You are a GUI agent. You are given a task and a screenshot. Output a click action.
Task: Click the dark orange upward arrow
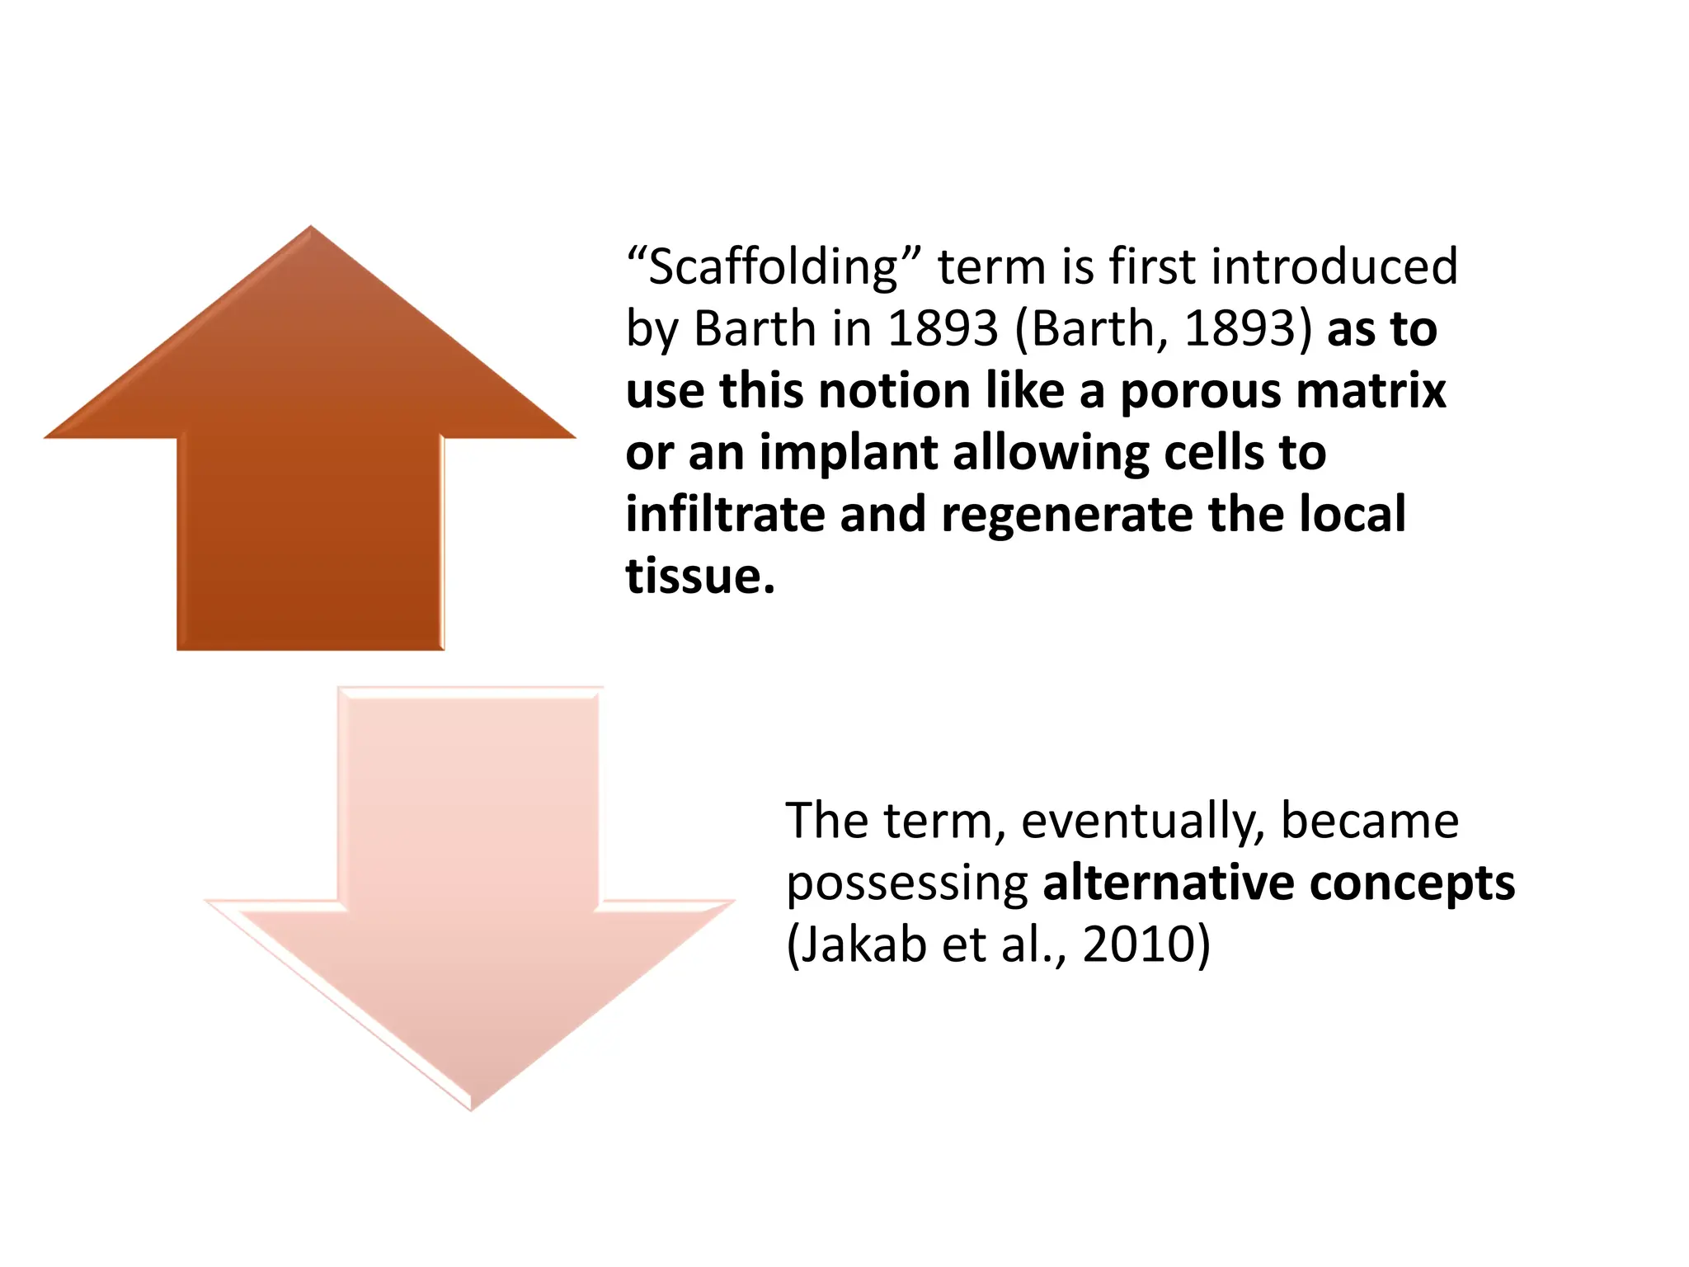(310, 462)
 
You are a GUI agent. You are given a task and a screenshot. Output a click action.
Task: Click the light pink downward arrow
(468, 907)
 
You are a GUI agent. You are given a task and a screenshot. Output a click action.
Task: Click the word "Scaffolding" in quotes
(773, 267)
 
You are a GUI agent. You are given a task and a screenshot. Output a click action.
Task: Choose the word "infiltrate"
(725, 515)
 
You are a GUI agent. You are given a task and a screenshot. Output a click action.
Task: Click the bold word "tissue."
(700, 576)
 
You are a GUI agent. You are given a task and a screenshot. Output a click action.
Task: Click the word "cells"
(1216, 453)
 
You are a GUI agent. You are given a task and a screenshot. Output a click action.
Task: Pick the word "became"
(1369, 822)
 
